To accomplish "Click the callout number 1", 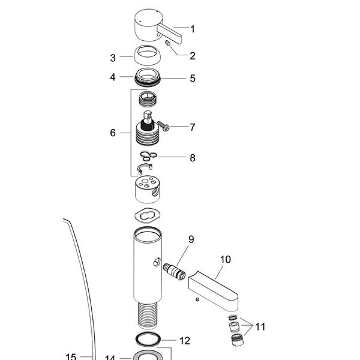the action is (x=193, y=29).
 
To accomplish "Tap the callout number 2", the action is (x=193, y=56).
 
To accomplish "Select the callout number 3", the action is (x=113, y=58).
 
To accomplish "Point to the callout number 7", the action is (x=193, y=127).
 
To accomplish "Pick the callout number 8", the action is (x=193, y=158).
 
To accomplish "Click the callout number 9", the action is (x=191, y=239).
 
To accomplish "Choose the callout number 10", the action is (x=225, y=259).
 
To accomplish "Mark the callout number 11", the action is (x=260, y=327).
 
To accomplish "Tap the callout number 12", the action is (x=185, y=341).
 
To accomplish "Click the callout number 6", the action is (x=113, y=133).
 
